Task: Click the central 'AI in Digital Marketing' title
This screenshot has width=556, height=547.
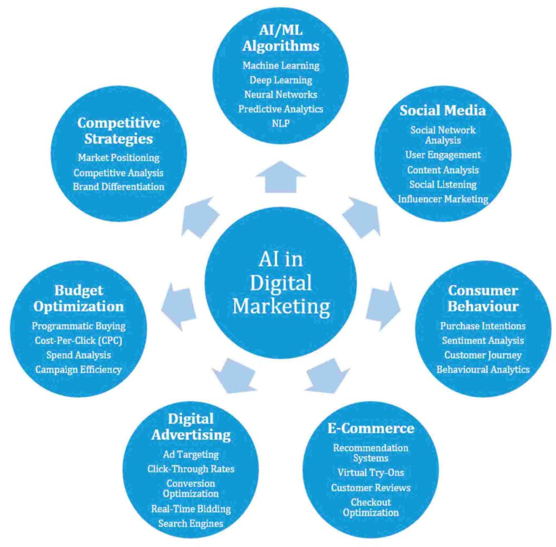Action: [281, 282]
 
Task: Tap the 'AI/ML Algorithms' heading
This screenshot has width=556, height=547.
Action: [281, 38]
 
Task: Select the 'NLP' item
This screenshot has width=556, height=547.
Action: [281, 123]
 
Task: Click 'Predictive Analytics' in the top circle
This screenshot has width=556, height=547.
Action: [281, 108]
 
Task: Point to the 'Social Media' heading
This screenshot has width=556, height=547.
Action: [443, 110]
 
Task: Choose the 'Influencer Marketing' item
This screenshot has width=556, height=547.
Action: [443, 199]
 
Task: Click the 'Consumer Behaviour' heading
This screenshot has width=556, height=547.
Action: [483, 298]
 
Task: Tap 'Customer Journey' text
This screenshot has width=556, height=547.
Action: [483, 355]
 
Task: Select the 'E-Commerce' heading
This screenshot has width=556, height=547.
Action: [371, 428]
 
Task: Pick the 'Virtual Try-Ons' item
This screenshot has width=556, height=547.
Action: [371, 472]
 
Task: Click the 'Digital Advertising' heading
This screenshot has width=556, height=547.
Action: [191, 426]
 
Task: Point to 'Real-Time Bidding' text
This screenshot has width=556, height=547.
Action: [191, 509]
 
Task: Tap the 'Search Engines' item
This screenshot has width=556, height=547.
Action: [191, 523]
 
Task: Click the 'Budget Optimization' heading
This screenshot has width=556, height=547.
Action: [79, 298]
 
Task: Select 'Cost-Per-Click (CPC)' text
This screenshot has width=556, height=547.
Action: [79, 340]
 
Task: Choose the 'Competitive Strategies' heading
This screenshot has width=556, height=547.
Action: [118, 131]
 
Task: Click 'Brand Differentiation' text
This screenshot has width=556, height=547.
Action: [118, 186]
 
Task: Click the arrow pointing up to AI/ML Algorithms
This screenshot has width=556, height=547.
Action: [281, 177]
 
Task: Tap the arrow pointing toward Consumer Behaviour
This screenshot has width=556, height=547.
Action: [383, 307]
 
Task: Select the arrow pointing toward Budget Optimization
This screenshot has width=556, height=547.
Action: [178, 307]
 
